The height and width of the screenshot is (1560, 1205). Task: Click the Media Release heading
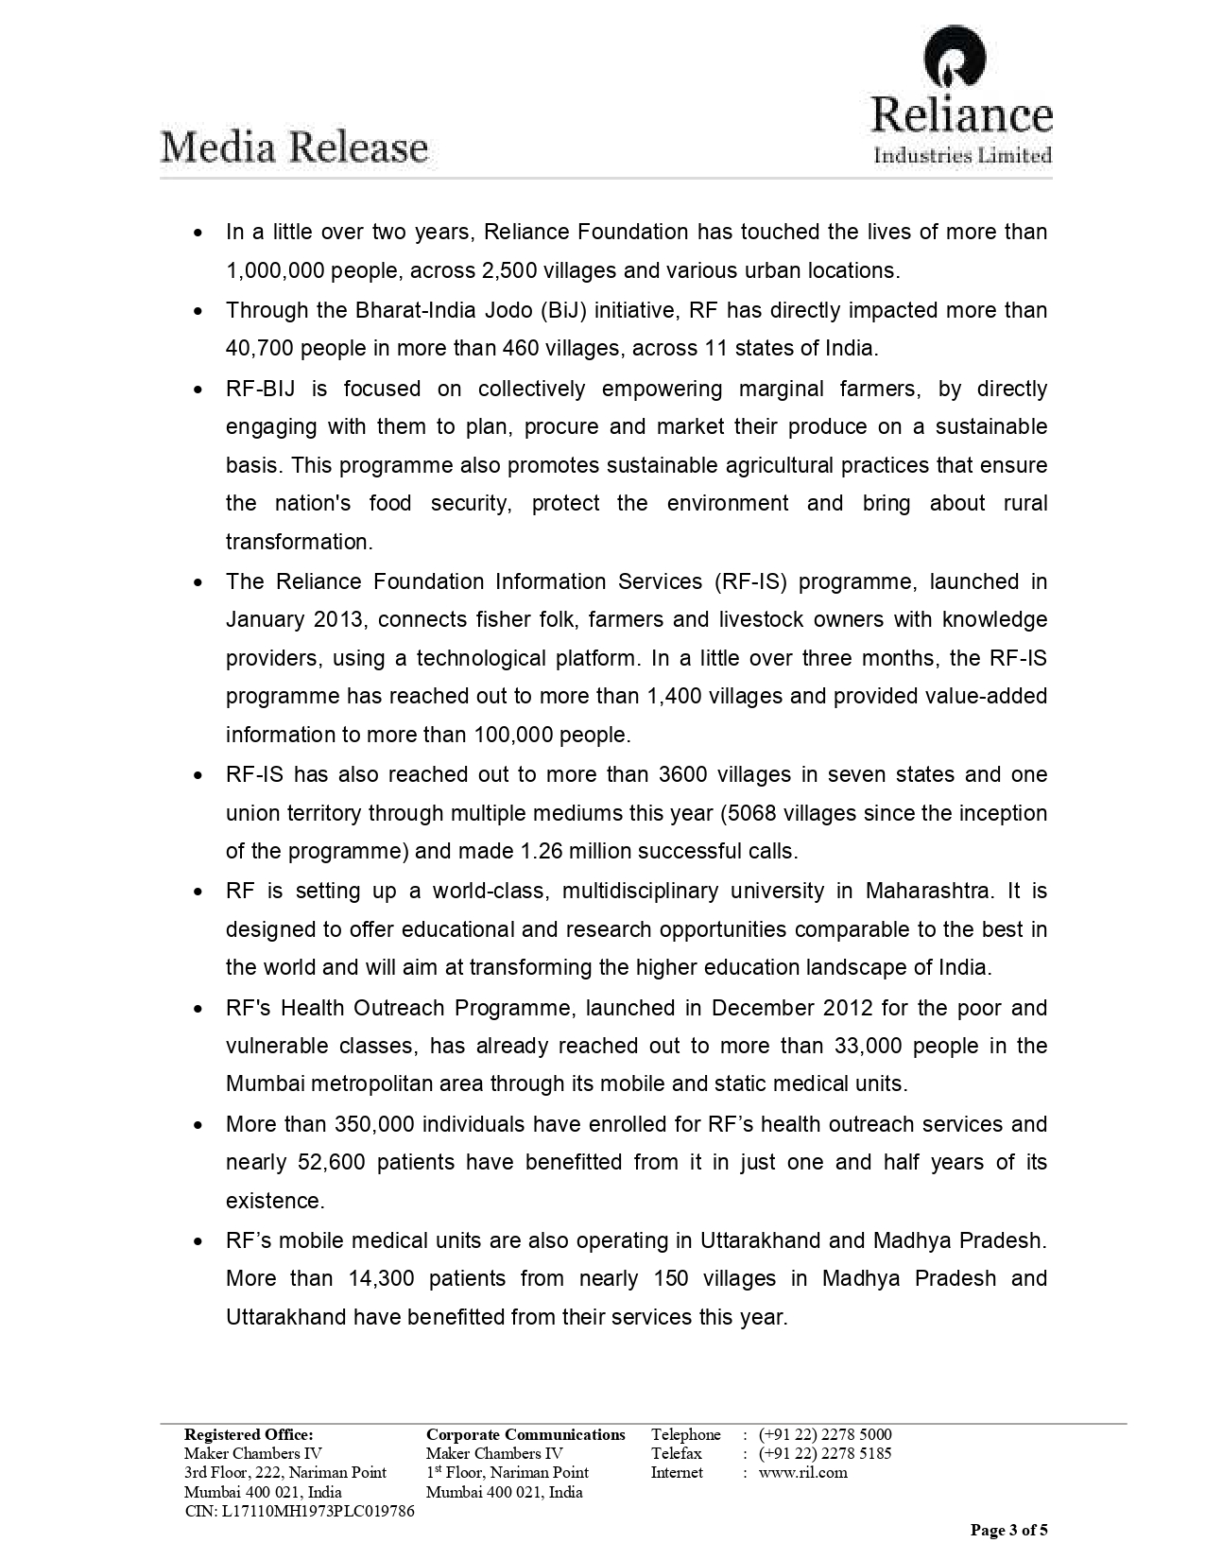click(x=294, y=148)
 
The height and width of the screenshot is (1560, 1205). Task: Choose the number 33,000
click(x=869, y=1047)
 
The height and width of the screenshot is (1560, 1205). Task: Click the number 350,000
click(x=373, y=1125)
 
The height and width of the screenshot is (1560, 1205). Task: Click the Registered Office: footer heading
click(x=248, y=1434)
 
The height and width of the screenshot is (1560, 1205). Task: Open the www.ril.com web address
click(x=802, y=1472)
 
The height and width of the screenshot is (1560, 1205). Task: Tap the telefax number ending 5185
click(x=824, y=1453)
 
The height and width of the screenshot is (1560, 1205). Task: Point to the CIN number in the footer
click(x=299, y=1511)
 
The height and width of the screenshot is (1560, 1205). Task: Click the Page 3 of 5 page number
click(x=1009, y=1530)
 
